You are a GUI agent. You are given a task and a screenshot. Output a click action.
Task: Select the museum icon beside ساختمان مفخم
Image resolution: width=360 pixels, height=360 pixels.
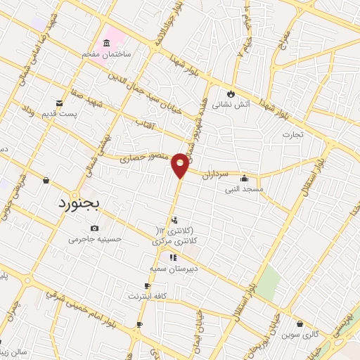click(x=106, y=44)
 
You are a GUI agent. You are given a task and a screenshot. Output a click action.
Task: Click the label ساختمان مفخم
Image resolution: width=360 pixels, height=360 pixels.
click(x=128, y=53)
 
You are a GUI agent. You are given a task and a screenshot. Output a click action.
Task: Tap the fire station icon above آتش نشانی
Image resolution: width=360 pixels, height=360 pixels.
click(x=231, y=94)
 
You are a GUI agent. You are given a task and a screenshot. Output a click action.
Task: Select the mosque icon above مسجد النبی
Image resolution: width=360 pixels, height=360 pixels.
click(x=244, y=179)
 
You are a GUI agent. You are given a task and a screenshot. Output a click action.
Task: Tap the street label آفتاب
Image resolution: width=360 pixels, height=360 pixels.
click(x=147, y=123)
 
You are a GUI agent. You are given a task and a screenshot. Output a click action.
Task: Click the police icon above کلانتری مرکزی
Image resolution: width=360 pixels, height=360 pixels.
click(x=174, y=220)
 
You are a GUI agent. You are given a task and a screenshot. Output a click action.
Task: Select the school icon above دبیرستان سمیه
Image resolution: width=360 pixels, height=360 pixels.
click(x=173, y=257)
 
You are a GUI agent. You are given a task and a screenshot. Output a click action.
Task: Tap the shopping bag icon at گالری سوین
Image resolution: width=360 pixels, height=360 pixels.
click(x=301, y=324)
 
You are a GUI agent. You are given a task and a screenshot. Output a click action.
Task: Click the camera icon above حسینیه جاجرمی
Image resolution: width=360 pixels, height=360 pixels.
click(x=95, y=228)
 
